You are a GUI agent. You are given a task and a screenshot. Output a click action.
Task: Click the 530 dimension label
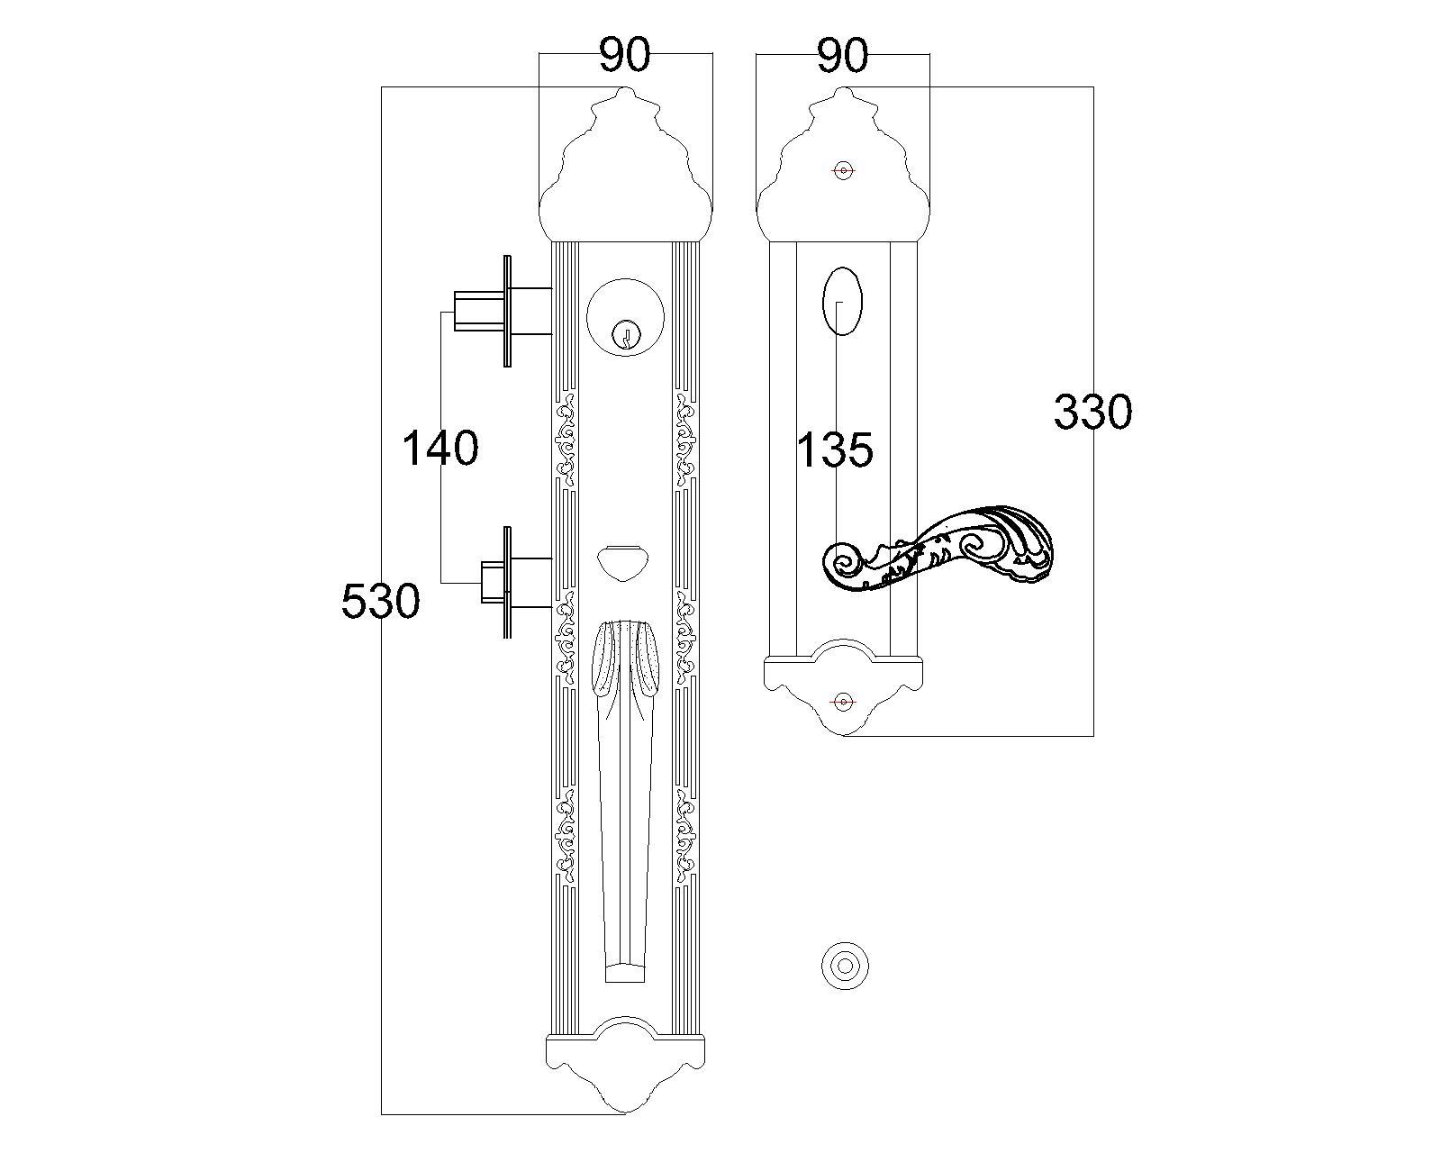pyautogui.click(x=381, y=601)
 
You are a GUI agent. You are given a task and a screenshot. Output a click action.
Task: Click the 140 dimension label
pyautogui.click(x=440, y=449)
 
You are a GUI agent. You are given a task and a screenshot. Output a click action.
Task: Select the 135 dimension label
pyautogui.click(x=835, y=449)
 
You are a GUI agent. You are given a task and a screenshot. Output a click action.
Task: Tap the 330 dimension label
pyautogui.click(x=1092, y=412)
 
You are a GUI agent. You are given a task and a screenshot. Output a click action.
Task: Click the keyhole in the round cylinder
pyautogui.click(x=625, y=335)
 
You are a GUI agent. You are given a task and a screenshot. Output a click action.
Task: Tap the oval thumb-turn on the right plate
pyautogui.click(x=842, y=302)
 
